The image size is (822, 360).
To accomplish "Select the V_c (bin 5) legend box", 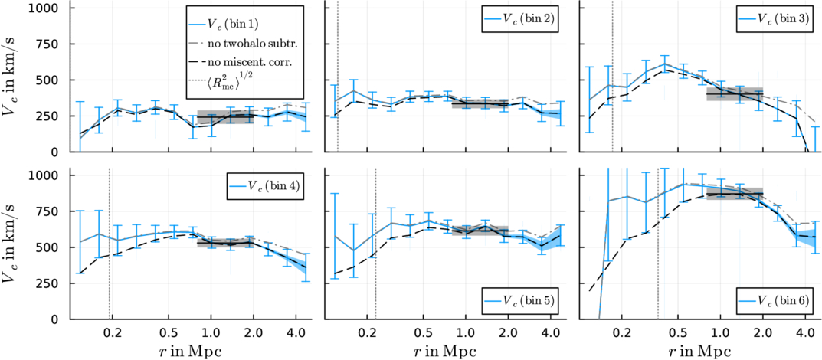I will [519, 301].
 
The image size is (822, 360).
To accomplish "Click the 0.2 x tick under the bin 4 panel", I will [112, 334].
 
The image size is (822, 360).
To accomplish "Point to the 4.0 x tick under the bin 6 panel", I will [804, 334].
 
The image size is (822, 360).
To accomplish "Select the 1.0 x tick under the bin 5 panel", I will [465, 334].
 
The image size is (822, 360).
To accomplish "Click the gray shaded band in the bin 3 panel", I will [734, 93].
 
